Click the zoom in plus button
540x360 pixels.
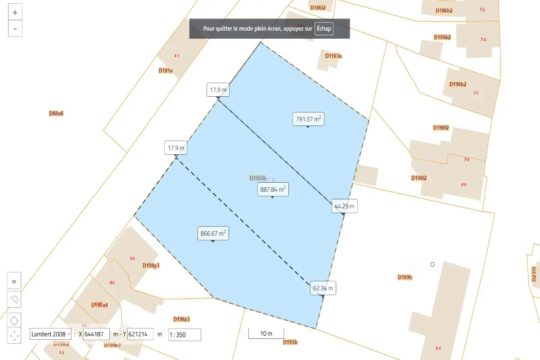pos(15,13)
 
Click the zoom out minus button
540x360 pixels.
pos(15,29)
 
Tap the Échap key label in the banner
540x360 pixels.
pos(324,28)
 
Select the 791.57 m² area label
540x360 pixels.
pos(308,119)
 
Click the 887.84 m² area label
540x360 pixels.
pos(273,189)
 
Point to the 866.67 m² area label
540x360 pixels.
pos(213,234)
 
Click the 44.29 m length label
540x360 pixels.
pos(344,207)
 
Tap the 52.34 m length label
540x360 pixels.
pos(324,288)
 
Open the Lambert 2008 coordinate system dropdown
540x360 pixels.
pos(50,334)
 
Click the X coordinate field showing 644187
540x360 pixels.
pos(96,334)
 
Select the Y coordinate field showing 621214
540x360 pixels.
pos(140,334)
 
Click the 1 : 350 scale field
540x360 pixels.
pos(184,335)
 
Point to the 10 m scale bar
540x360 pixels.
pos(266,333)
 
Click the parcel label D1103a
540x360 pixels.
pos(333,56)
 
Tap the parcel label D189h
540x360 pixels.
pos(405,277)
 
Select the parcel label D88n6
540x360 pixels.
pos(56,113)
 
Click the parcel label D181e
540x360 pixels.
pos(166,71)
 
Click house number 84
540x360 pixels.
pos(438,348)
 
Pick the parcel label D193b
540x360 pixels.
pos(290,342)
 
